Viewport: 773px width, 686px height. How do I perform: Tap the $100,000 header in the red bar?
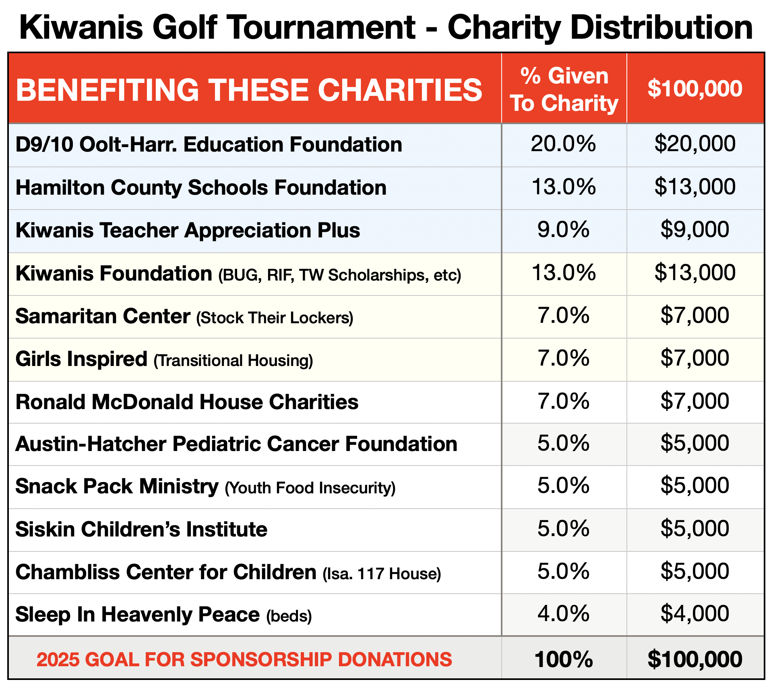[695, 89]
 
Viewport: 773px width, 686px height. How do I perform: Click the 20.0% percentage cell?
[563, 144]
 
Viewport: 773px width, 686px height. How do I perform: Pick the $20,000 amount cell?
[695, 144]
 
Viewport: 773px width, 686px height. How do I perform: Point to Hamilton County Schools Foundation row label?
[201, 188]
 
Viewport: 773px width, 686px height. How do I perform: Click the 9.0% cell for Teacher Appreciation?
[563, 230]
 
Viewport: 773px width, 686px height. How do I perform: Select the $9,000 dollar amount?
[695, 230]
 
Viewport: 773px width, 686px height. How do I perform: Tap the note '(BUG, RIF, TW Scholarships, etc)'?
[339, 275]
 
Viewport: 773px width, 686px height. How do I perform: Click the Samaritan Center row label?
[103, 316]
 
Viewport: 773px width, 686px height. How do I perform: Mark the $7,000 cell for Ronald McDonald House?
[695, 401]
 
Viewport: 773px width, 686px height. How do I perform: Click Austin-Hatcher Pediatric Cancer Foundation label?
[236, 444]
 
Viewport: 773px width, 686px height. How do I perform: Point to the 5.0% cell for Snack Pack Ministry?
[563, 486]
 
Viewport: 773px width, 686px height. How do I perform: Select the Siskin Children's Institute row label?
[141, 529]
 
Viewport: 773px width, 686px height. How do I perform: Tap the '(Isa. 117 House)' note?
[382, 574]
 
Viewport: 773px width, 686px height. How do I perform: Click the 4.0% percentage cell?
[563, 614]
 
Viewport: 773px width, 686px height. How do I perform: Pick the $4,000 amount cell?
[695, 614]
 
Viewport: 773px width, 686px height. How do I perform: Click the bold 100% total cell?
[563, 659]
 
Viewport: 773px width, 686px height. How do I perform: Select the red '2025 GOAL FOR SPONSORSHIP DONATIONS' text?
[244, 660]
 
